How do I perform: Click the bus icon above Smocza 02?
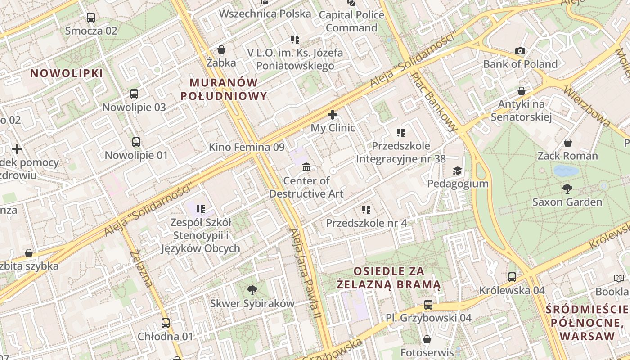[91, 18]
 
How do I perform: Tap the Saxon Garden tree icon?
[567, 189]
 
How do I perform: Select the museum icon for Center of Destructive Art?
[306, 167]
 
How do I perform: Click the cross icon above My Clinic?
[333, 115]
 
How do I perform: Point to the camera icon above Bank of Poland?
[520, 51]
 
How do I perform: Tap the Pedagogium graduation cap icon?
[457, 171]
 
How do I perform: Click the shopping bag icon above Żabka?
[221, 49]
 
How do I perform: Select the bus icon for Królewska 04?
[512, 277]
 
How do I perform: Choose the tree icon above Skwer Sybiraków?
[252, 290]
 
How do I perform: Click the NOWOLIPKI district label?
[67, 73]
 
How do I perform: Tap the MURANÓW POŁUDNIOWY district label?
[224, 89]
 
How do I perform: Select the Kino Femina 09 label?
[247, 147]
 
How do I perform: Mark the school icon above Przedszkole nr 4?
[366, 210]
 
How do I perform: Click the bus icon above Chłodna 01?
[166, 323]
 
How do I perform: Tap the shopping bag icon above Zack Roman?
[568, 143]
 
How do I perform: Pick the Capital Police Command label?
[351, 21]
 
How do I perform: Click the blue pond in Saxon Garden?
[566, 171]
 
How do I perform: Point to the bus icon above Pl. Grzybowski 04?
[428, 305]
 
